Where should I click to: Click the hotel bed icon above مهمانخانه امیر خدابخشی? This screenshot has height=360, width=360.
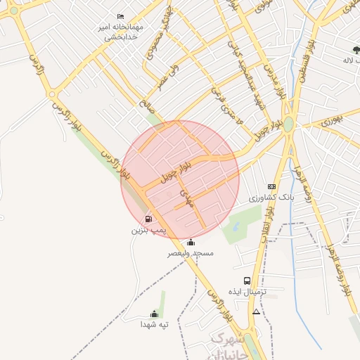pyautogui.click(x=121, y=16)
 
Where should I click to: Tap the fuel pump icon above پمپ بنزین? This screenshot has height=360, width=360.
pyautogui.click(x=148, y=219)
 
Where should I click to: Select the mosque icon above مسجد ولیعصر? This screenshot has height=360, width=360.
pyautogui.click(x=191, y=243)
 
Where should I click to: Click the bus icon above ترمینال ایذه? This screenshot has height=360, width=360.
pyautogui.click(x=246, y=281)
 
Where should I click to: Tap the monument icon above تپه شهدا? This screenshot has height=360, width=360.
pyautogui.click(x=154, y=314)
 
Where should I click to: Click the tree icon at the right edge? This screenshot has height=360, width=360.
pyautogui.click(x=356, y=49)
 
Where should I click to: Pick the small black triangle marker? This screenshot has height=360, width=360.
pyautogui.click(x=256, y=311)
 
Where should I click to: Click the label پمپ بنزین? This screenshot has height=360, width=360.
pyautogui.click(x=148, y=230)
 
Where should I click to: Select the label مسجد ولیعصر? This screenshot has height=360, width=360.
pyautogui.click(x=190, y=252)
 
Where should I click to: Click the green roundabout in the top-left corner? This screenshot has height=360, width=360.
pyautogui.click(x=13, y=10)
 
